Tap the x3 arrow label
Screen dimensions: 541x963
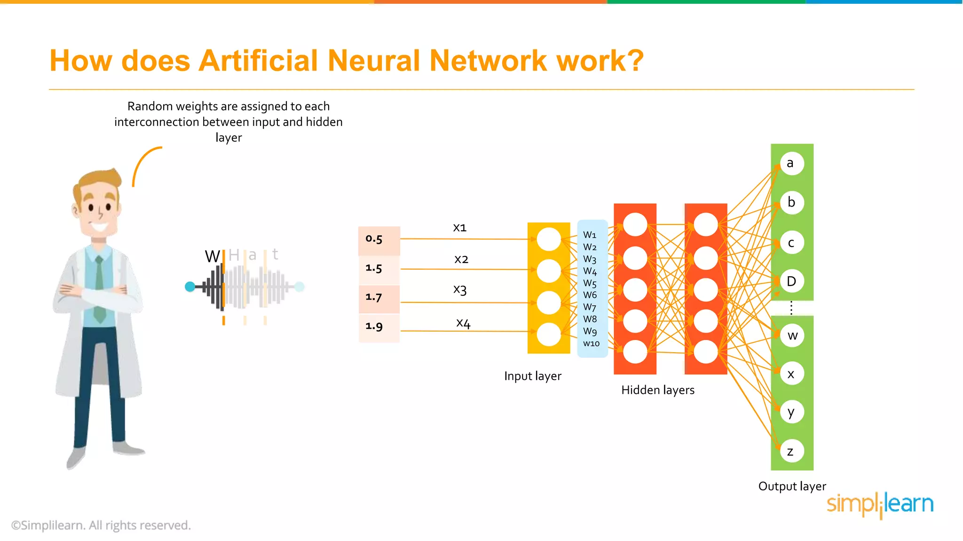coord(460,289)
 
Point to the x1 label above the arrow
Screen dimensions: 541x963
coord(459,228)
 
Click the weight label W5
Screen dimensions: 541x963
coord(590,283)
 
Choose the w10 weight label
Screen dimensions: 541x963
coord(591,344)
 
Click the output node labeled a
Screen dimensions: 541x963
coord(792,163)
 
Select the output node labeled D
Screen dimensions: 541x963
coord(792,281)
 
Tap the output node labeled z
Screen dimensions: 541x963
coord(792,451)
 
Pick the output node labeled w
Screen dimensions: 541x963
coord(792,336)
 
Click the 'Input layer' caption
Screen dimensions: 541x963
coord(532,376)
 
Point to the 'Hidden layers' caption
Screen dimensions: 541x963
coord(657,390)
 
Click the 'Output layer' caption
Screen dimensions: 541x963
coord(792,487)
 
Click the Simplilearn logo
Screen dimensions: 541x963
coord(880,505)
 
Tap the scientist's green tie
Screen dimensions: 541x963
coord(99,291)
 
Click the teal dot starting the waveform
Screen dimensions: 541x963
coord(190,286)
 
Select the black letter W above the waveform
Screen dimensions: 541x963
coord(212,256)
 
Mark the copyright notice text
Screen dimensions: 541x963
coord(101,526)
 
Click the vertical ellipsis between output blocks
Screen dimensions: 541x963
coord(791,308)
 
